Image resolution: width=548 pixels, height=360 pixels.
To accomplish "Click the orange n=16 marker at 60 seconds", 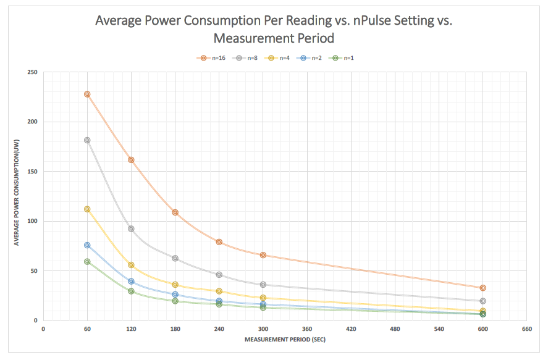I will [87, 94].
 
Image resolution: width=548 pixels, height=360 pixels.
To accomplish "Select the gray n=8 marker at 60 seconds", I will [87, 140].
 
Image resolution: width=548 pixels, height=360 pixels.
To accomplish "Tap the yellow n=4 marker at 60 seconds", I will [87, 209].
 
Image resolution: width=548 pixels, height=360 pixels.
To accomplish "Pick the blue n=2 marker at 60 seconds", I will [87, 245].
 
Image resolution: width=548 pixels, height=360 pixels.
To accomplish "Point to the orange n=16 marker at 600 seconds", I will [483, 288].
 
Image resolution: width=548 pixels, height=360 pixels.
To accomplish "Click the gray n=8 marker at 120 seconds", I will [131, 229].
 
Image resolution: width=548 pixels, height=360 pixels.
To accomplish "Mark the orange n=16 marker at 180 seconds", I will [175, 212].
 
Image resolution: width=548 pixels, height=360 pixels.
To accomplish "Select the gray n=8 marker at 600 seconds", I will [483, 301].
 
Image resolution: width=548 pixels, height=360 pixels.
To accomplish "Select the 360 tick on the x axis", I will [307, 329].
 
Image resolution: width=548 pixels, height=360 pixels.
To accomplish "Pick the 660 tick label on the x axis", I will [527, 329].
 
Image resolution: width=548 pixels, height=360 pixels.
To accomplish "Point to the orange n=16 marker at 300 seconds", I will [263, 255].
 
